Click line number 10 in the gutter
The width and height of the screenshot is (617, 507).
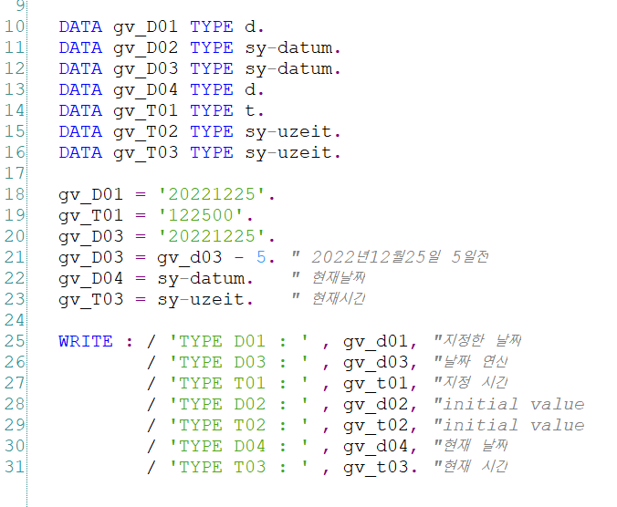pos(16,26)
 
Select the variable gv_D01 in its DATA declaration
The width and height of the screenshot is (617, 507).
pos(146,26)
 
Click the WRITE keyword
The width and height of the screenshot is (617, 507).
pos(86,341)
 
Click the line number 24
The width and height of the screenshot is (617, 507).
pos(16,320)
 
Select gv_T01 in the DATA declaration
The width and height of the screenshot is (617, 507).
pos(146,110)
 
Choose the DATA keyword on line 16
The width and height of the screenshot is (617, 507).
pos(80,152)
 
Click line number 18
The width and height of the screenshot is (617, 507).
pos(16,194)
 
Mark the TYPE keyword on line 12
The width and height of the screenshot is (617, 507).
pos(212,68)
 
